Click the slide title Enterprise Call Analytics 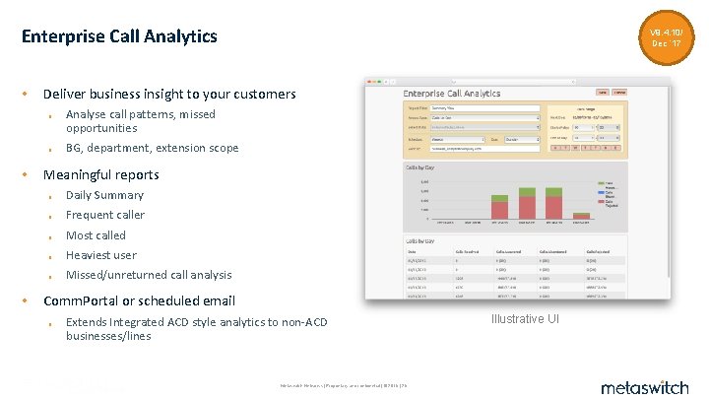tap(119, 36)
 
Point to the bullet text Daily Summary tap(104, 195)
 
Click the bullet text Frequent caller tap(104, 215)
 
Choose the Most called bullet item tap(96, 235)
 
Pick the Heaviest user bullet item tap(101, 255)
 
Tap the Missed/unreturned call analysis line tap(149, 275)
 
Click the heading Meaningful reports tap(100, 174)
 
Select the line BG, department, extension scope tap(152, 148)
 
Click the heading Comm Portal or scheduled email tap(139, 300)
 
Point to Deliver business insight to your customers tap(169, 95)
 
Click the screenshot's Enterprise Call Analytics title tap(452, 93)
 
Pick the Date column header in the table tap(413, 252)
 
